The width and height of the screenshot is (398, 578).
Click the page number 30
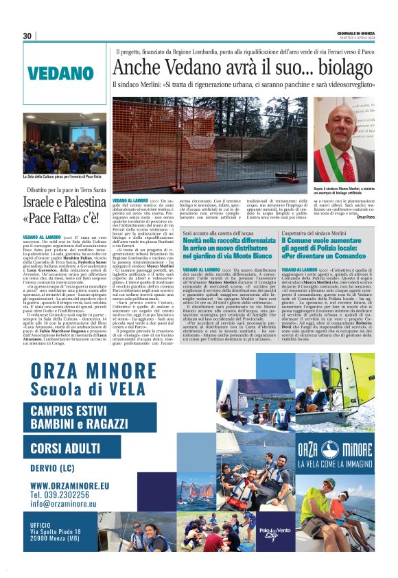(x=27, y=36)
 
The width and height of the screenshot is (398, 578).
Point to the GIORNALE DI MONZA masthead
(x=355, y=33)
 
